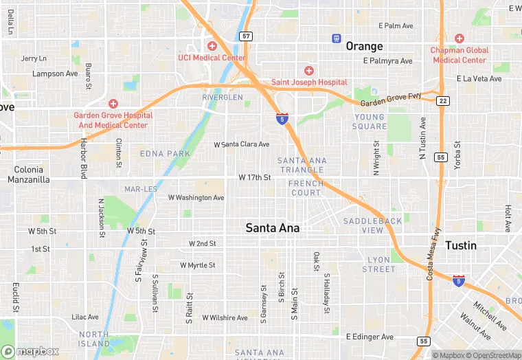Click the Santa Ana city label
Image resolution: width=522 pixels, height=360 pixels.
pos(273,228)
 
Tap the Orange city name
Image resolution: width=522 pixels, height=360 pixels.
pos(364,46)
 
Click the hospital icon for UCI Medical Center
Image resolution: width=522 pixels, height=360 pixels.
pos(212,46)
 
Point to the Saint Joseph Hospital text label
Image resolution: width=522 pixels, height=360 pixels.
pos(309,82)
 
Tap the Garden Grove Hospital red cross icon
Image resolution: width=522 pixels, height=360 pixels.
pos(113,103)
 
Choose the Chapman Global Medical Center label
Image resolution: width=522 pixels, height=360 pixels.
pos(459,55)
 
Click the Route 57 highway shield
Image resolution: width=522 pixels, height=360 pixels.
pos(246,36)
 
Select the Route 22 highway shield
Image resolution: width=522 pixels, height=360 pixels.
pos(443,101)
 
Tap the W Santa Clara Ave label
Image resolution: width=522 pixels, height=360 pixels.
pos(242,144)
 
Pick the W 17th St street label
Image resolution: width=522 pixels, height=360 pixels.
pos(255,177)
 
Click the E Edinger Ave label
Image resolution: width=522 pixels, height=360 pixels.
pos(370,337)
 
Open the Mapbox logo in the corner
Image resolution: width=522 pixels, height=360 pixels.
pos(30,351)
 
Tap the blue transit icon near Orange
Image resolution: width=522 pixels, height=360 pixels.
pos(337,38)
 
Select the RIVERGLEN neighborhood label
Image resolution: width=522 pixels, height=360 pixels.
pos(223,98)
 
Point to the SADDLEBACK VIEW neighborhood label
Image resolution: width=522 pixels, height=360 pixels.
pos(373,225)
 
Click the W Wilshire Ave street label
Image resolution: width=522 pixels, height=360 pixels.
pos(225,318)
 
